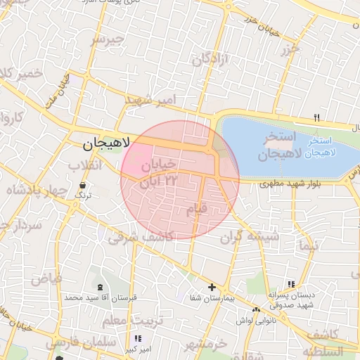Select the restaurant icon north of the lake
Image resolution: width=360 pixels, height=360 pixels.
point(317,117)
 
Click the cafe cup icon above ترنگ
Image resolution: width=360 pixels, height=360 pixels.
point(84,186)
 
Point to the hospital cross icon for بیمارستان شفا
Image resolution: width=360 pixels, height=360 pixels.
point(212,288)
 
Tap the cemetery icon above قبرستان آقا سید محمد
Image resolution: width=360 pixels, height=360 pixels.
point(100,287)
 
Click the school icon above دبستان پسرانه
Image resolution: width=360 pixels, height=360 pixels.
point(290,284)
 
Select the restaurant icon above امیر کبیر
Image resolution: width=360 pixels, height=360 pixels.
point(138,338)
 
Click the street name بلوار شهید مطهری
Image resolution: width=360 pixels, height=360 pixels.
point(284,185)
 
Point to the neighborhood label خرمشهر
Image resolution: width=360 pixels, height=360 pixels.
point(206,345)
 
